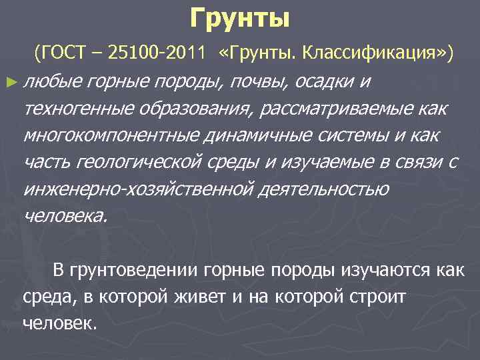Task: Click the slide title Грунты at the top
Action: pos(240,19)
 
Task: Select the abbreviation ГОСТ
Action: pos(66,53)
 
